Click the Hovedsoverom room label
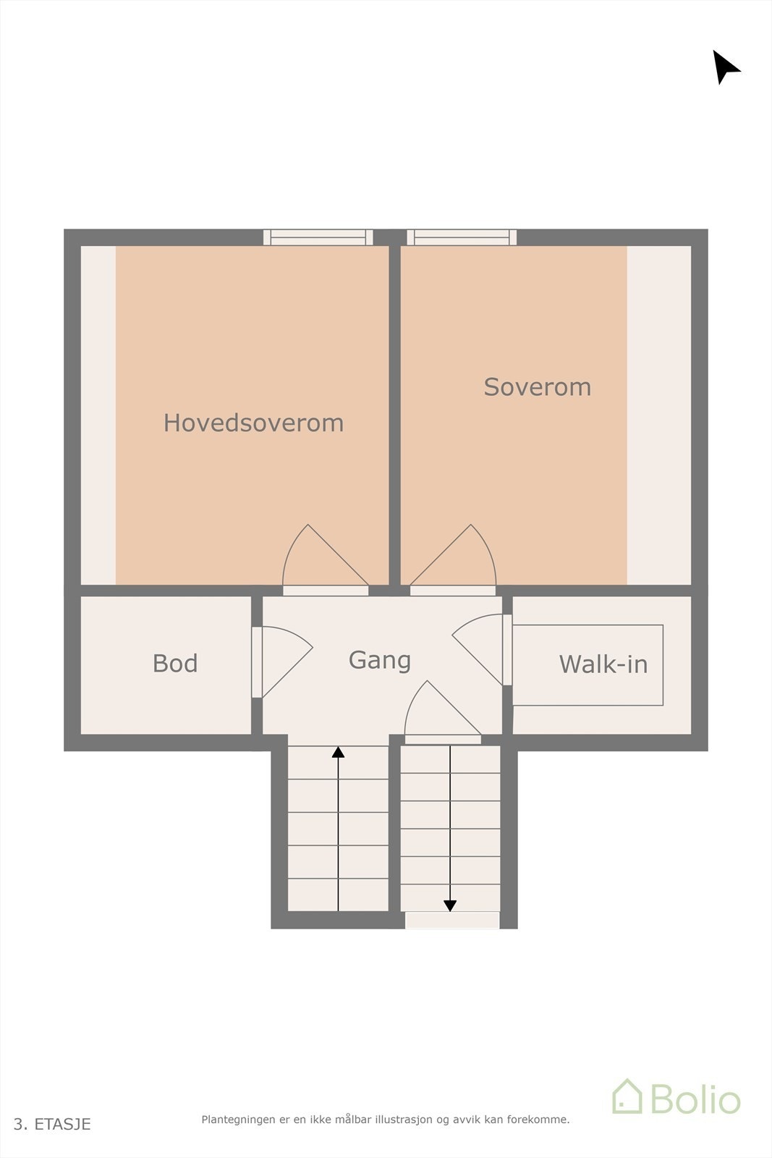(x=253, y=423)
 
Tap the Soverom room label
(x=537, y=387)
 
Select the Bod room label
(x=175, y=664)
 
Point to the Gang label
(x=379, y=660)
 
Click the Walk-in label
(x=603, y=664)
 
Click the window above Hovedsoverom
(x=318, y=237)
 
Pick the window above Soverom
(x=462, y=237)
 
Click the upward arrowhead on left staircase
(x=338, y=753)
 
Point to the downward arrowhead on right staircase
(x=450, y=905)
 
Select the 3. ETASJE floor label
(x=52, y=1124)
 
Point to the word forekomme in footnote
(x=537, y=1120)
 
